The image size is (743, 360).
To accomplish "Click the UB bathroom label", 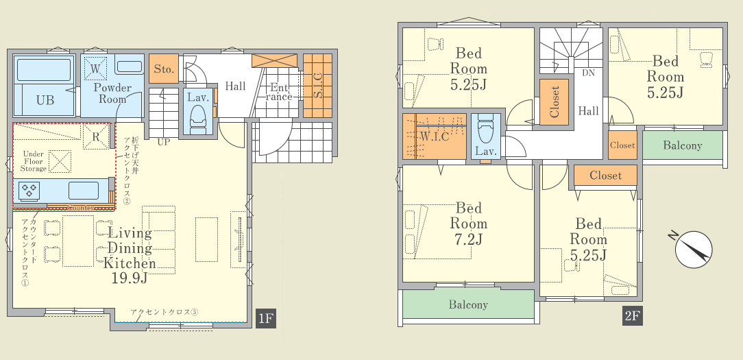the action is pyautogui.click(x=45, y=100).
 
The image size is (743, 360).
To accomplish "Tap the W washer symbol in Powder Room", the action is pyautogui.click(x=95, y=69).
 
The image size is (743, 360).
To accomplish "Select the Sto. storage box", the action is pyautogui.click(x=164, y=69).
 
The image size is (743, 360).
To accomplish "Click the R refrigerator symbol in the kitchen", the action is pyautogui.click(x=96, y=137).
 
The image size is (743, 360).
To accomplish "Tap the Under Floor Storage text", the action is pyautogui.click(x=34, y=161).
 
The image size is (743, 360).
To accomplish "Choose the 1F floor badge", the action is pyautogui.click(x=265, y=318).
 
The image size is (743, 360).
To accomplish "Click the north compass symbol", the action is pyautogui.click(x=693, y=248).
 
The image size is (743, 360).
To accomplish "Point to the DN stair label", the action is pyautogui.click(x=588, y=73).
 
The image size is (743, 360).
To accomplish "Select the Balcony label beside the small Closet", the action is pyautogui.click(x=683, y=145).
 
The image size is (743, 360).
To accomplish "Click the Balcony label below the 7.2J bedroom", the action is pyautogui.click(x=468, y=304).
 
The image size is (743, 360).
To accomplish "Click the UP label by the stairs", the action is pyautogui.click(x=164, y=142).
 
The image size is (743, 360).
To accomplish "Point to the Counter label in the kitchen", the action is pyautogui.click(x=82, y=208).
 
